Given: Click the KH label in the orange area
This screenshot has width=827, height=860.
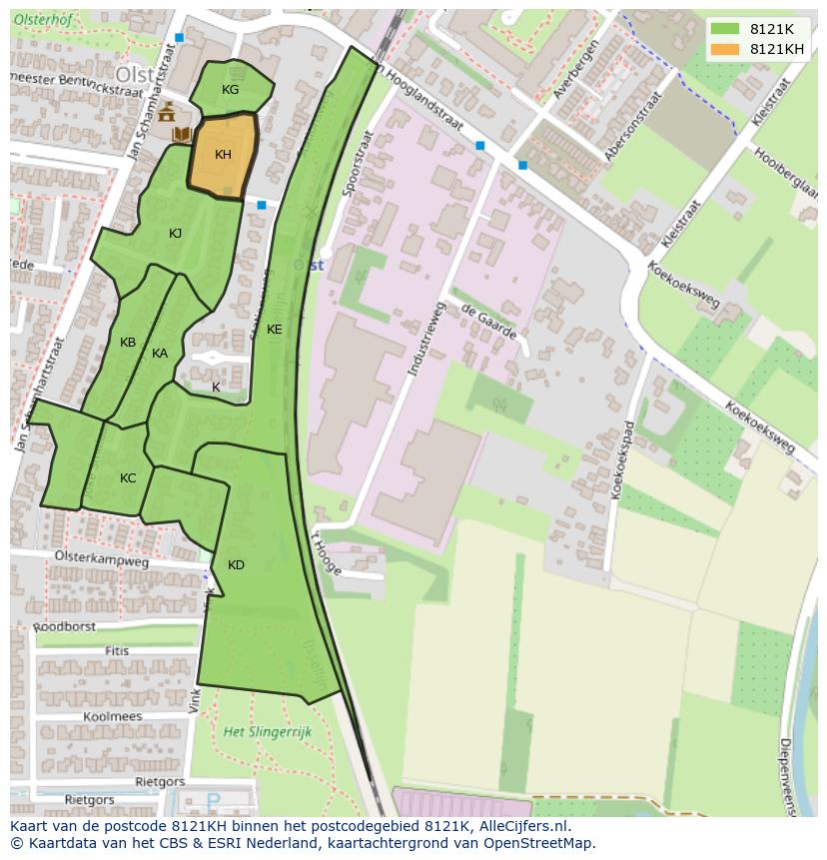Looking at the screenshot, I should (x=223, y=155).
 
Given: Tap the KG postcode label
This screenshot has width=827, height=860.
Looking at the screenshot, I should (x=231, y=90).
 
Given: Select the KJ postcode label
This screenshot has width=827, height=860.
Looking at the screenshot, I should (x=176, y=234).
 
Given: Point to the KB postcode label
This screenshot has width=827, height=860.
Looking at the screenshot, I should (x=128, y=343).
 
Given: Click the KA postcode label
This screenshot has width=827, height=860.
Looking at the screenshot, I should (x=160, y=354).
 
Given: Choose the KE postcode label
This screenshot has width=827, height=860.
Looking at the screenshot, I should (x=274, y=330).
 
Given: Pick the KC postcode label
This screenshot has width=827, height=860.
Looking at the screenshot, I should (x=128, y=478).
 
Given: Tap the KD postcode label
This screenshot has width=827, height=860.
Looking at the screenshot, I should (x=236, y=565).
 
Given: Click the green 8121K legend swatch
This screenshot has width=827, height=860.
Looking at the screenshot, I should (x=725, y=29).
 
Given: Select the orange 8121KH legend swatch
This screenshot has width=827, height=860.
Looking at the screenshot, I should (x=725, y=49).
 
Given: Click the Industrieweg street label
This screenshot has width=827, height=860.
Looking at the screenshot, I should (x=423, y=340).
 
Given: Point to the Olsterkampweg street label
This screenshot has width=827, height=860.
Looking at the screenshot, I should (x=102, y=562).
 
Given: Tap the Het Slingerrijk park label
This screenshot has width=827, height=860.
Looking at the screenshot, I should (x=268, y=732).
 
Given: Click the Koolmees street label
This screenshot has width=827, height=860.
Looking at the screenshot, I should (x=113, y=716).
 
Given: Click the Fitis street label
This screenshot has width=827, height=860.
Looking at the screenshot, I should (x=117, y=651).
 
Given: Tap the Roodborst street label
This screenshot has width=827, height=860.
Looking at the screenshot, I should (x=65, y=627).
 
